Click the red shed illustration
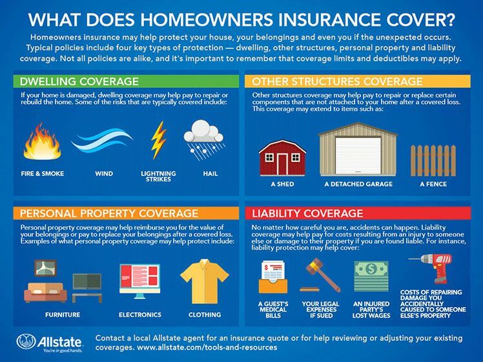point(282,157)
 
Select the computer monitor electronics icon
point(140,281)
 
